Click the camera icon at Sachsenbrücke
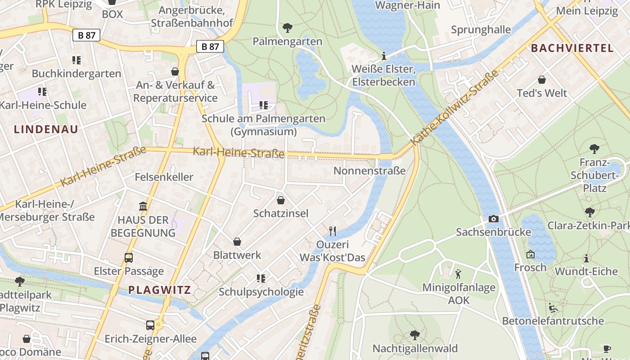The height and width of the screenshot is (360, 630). coord(494,219)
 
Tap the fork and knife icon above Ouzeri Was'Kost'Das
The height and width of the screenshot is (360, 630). coord(333,231)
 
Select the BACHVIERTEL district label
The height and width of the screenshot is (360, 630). coord(572,48)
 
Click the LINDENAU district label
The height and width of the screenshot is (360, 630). coord(46,130)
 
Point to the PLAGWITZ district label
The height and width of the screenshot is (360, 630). coord(160,290)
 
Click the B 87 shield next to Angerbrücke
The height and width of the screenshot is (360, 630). coord(210,46)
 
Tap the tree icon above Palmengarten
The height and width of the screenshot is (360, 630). coord(288,28)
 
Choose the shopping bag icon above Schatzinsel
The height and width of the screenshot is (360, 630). coord(281,200)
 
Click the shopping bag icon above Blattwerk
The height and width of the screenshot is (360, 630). coord(237,242)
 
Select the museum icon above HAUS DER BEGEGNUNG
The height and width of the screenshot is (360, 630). coord(143,207)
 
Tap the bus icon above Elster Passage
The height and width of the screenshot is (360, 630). coord(129,258)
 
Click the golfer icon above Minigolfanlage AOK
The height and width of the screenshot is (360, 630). coord(459,274)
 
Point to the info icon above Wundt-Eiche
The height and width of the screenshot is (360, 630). coord(586,258)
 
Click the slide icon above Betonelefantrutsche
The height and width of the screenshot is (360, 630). coord(553,308)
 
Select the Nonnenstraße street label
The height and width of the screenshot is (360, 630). coord(369,171)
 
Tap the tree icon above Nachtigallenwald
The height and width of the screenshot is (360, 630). coord(415,335)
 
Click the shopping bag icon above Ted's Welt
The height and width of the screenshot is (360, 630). coord(542,80)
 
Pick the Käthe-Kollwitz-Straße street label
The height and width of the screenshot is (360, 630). coord(455,107)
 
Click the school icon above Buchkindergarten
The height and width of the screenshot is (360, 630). coord(76,60)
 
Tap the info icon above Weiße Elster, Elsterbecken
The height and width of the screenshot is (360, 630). coord(384,56)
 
